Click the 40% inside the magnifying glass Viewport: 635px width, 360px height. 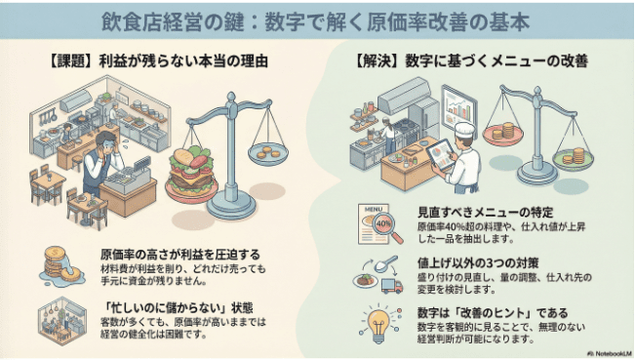tap(381, 222)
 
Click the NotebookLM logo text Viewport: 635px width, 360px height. tap(605, 351)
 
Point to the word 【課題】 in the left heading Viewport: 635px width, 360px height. tap(72, 60)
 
